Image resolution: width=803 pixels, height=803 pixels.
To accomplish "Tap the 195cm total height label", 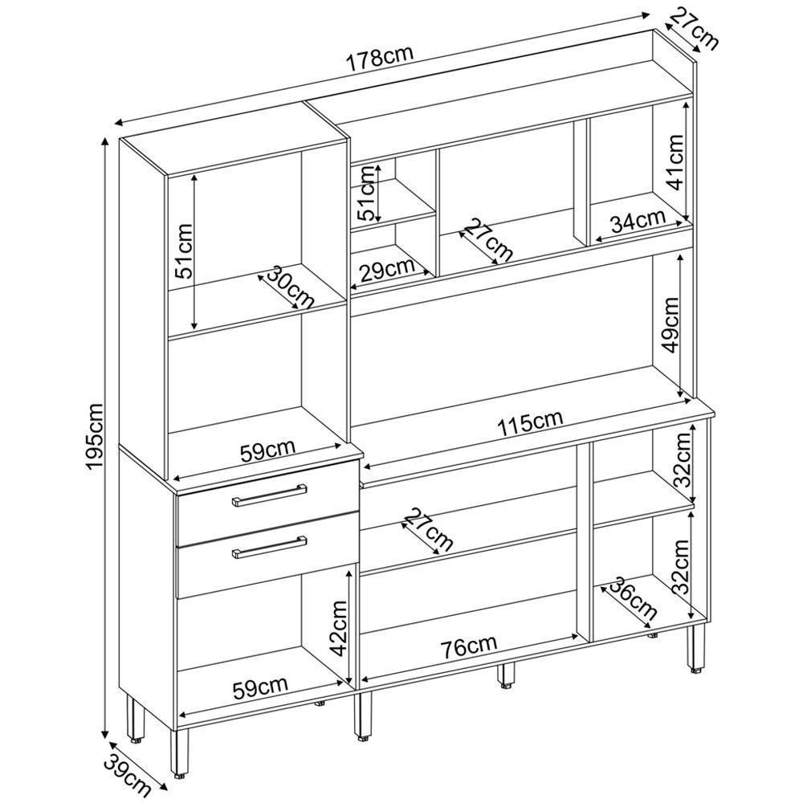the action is (x=95, y=436).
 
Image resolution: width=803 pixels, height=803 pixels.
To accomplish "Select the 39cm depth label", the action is (x=128, y=778).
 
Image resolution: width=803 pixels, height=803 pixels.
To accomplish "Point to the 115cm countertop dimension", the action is (x=530, y=422).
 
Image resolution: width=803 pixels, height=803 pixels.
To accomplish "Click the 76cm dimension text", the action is (x=469, y=646).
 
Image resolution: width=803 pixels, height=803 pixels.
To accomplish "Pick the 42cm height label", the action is (x=339, y=629).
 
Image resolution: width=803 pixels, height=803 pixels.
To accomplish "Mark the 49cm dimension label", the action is (x=670, y=324).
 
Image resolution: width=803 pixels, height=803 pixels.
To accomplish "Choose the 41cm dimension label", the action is (x=675, y=162).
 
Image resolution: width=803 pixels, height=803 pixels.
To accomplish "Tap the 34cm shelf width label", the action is (x=638, y=222).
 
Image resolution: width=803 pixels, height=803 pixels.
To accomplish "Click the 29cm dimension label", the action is (x=387, y=270).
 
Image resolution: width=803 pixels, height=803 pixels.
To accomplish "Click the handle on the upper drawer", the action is (x=269, y=495).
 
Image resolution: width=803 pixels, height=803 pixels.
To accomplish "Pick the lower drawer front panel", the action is (x=267, y=555).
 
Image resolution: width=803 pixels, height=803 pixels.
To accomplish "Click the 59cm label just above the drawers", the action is (x=268, y=451).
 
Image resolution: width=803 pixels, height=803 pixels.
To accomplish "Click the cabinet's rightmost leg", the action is (x=695, y=647).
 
